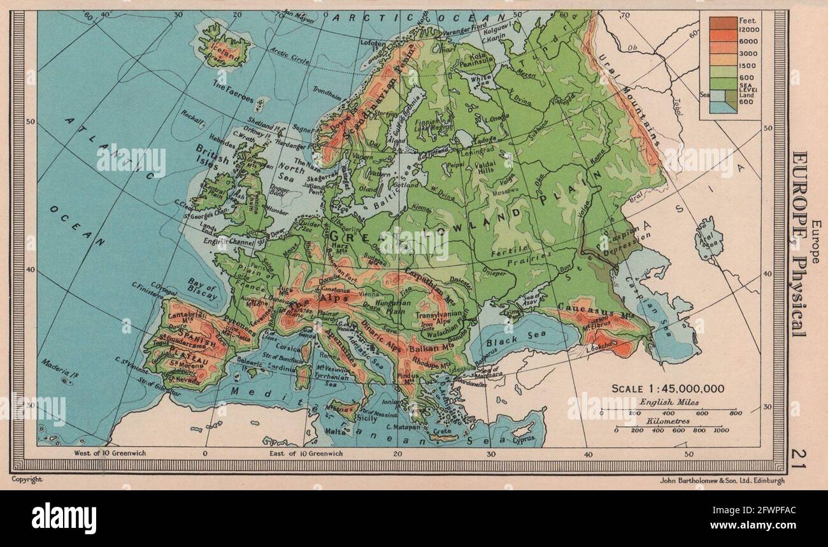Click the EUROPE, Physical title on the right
799,242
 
